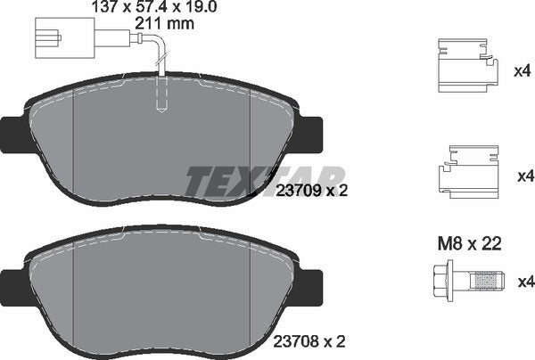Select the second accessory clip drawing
[465, 171]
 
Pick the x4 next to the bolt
[524, 282]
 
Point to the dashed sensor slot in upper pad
[161, 94]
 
